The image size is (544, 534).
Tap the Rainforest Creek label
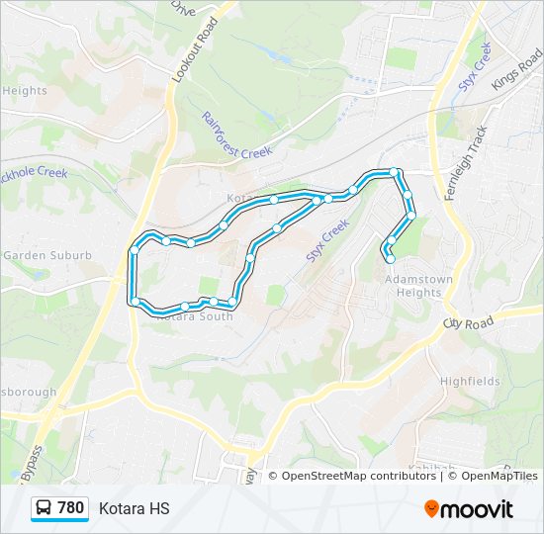236,134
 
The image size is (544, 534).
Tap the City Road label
468,323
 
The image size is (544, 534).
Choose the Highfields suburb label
470,381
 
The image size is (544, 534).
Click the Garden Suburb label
46,255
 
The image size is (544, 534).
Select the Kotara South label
194,316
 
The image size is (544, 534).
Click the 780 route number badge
70,508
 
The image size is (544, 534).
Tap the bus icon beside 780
45,508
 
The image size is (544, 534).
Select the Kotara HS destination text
135,508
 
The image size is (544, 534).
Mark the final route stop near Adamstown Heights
390,259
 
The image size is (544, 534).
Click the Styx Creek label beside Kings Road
475,74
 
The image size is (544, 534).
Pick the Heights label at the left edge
26,91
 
